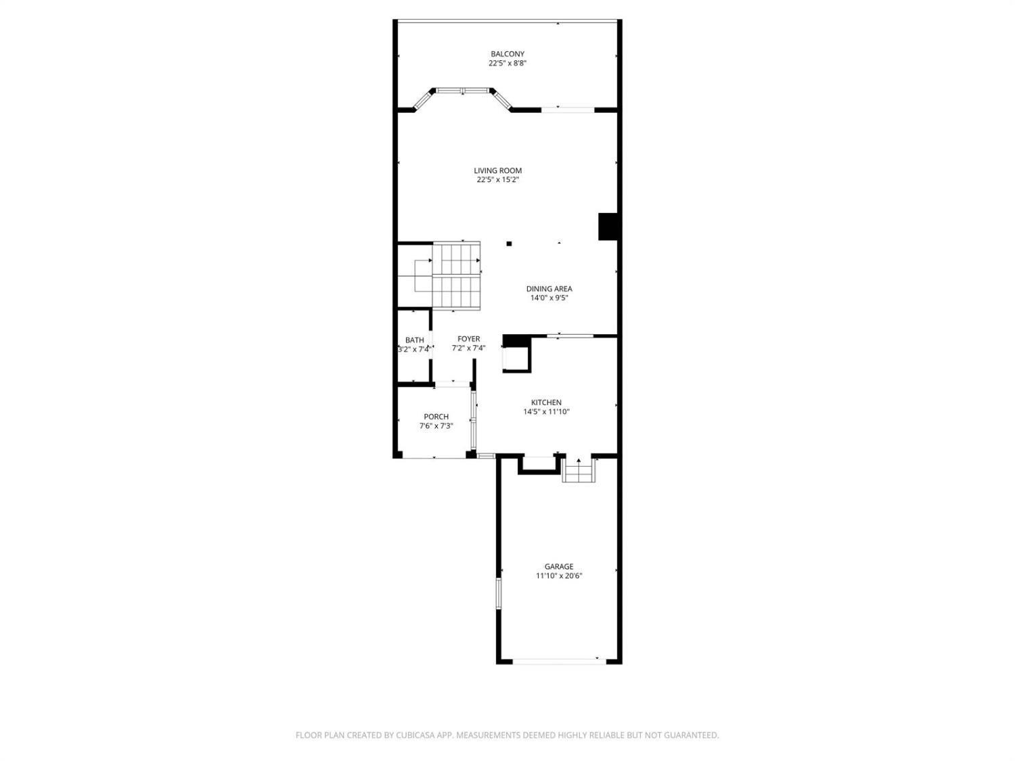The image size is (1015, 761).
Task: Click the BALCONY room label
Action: [507, 54]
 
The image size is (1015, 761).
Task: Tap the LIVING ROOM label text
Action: [497, 170]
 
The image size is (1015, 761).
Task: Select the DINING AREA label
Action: [549, 289]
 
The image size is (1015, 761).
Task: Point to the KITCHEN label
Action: [546, 402]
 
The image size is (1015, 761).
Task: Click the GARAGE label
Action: [559, 566]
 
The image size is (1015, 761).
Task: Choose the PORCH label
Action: [436, 417]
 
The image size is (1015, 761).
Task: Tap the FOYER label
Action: [468, 339]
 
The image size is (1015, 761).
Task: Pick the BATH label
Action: [414, 340]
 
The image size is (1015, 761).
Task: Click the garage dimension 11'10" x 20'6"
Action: [559, 576]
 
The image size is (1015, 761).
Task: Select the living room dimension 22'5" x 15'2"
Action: [497, 180]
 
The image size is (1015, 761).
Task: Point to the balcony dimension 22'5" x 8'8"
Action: [507, 64]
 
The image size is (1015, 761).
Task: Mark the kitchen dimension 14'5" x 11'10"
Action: [546, 412]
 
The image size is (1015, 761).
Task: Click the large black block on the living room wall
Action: [608, 227]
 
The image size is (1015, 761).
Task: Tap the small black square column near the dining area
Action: [509, 244]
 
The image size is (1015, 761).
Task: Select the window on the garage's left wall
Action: [499, 593]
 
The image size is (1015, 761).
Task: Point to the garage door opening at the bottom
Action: [559, 662]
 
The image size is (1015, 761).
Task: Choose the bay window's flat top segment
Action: [463, 91]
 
